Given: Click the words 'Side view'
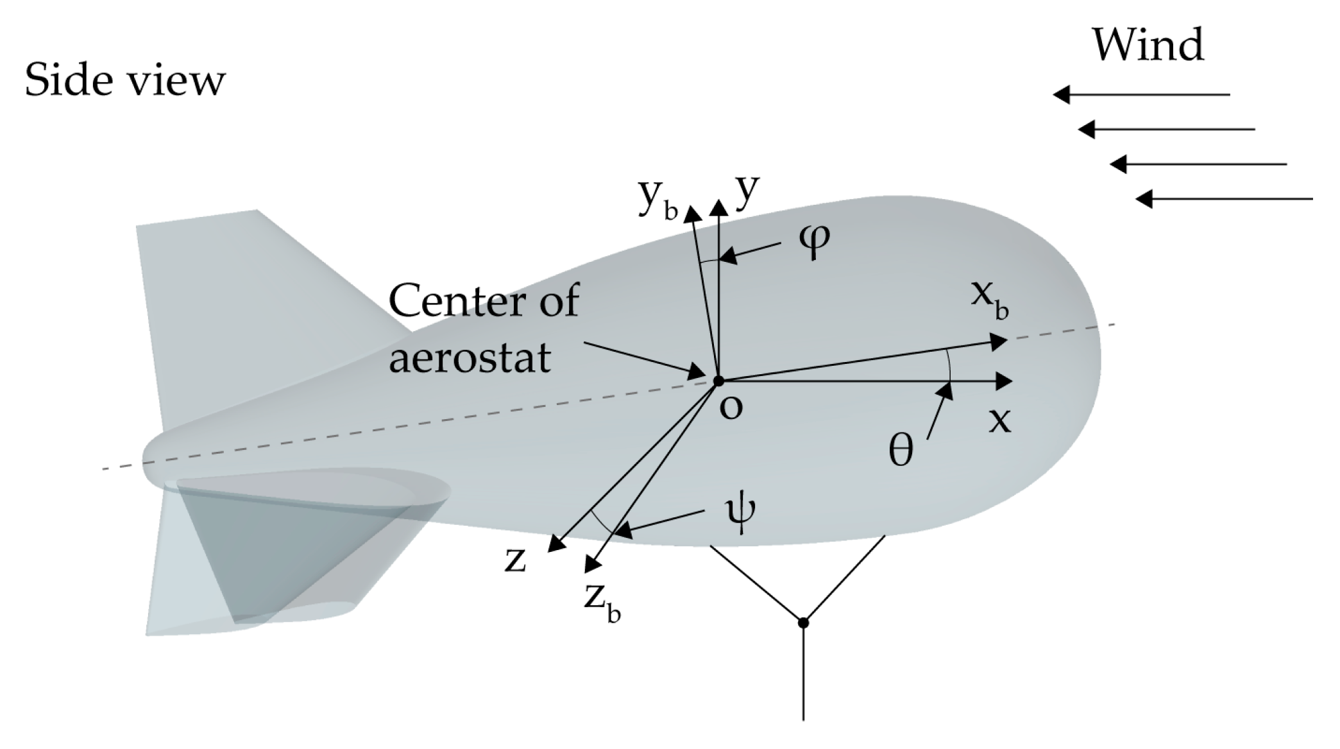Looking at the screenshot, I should click(x=125, y=82).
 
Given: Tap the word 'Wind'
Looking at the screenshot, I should click(x=1148, y=45).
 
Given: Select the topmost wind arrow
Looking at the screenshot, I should click(x=1142, y=95).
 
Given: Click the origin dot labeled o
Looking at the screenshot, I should click(x=718, y=381).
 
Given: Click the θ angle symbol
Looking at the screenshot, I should click(x=900, y=451).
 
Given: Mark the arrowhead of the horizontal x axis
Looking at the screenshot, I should click(x=1004, y=381).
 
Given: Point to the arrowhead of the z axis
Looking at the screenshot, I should click(x=556, y=544).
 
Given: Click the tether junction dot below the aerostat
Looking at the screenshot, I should click(x=803, y=623).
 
